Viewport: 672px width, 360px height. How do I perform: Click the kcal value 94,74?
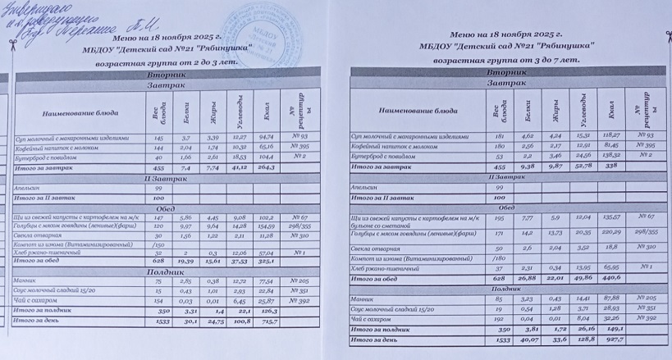point(265,136)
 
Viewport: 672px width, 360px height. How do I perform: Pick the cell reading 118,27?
point(610,135)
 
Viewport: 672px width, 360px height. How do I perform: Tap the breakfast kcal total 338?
point(610,166)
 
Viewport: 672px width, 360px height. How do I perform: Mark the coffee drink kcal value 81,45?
point(610,145)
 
